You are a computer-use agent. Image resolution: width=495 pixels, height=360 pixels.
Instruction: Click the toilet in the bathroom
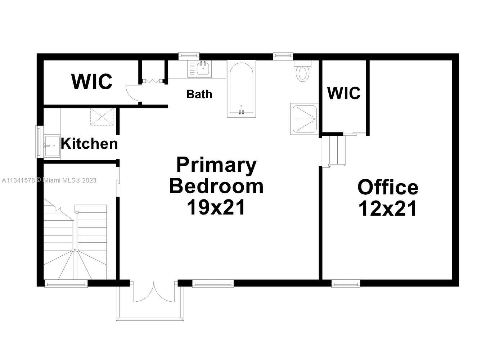point(302,71)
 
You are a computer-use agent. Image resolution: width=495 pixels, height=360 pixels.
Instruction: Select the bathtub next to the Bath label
point(241,89)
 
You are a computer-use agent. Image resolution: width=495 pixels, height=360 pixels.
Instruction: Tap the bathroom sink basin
point(203,69)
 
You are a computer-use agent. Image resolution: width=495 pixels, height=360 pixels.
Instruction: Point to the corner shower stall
point(305,119)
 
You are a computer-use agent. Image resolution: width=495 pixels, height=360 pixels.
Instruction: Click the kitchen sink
point(52,146)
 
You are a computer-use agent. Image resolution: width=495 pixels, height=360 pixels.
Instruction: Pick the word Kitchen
point(89,144)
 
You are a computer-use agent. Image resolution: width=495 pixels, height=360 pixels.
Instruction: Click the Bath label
point(199,94)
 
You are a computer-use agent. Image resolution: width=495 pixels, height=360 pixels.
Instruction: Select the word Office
point(388,188)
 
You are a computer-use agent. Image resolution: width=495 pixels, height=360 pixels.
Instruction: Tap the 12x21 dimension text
point(388,208)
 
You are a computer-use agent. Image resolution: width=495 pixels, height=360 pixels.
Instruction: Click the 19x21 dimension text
point(216,207)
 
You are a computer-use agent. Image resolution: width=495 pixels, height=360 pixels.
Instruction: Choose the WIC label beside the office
point(344,93)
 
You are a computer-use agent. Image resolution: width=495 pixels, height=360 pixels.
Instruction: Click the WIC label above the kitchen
point(92,82)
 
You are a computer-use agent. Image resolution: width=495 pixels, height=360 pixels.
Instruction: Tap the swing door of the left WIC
point(133,93)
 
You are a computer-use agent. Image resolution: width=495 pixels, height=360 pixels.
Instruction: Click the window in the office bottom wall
point(346,283)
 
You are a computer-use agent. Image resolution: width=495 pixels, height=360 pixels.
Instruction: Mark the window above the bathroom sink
point(189,56)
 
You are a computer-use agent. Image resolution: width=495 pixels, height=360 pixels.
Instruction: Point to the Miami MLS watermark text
point(49,180)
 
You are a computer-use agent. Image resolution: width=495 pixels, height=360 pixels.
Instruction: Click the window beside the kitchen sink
point(39,141)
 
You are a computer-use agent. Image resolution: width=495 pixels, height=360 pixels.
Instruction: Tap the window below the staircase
point(66,283)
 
